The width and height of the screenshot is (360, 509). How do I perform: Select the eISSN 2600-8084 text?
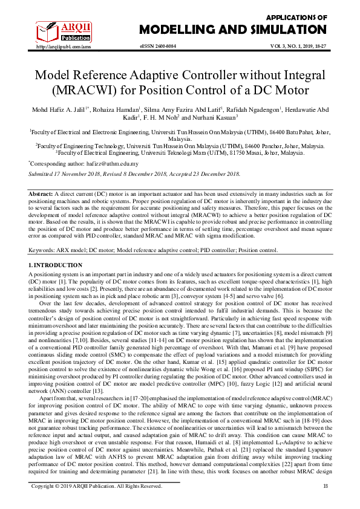coord(159,46)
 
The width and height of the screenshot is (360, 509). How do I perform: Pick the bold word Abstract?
coord(41,192)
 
